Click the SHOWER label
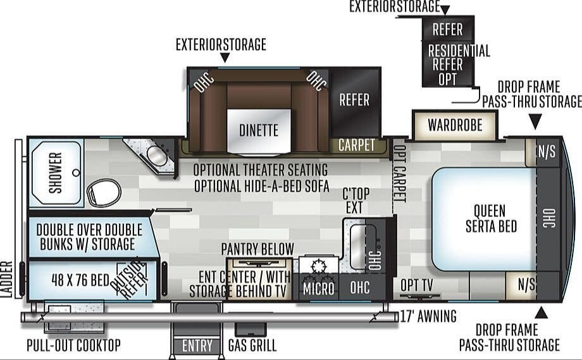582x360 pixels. tap(56, 173)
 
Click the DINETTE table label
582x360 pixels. tap(259, 130)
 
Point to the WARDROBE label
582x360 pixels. tap(454, 125)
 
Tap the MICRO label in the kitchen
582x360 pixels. tap(318, 288)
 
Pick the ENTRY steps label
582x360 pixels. tap(197, 346)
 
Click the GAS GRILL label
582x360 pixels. tap(252, 345)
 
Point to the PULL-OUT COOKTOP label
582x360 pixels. tap(73, 345)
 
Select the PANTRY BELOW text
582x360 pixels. tap(257, 249)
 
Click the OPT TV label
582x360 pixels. tap(417, 286)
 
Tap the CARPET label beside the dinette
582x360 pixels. tap(356, 145)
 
